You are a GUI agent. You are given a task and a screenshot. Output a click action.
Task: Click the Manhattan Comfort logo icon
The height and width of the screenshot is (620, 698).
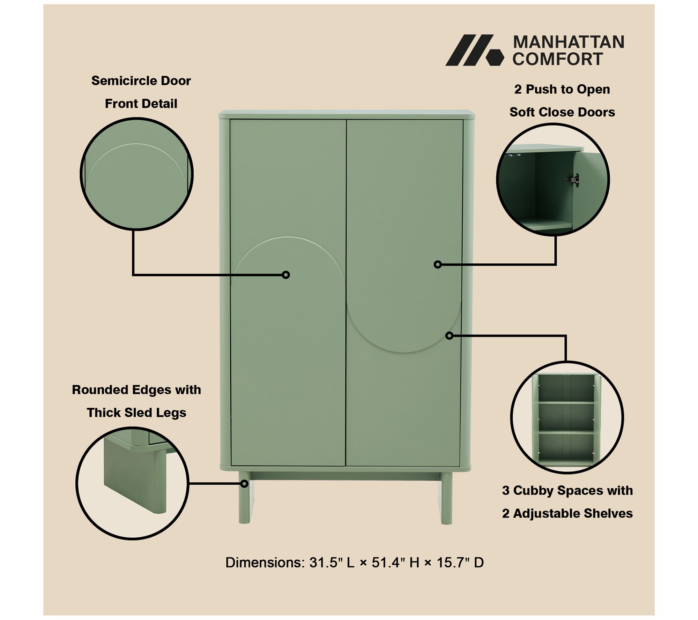click(475, 50)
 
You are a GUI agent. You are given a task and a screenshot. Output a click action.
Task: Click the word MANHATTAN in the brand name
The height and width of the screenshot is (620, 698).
click(569, 42)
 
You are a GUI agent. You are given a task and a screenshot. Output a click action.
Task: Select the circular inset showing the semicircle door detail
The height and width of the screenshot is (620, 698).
click(137, 174)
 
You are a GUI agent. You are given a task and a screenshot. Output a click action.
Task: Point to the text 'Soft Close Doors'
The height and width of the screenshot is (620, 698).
click(562, 112)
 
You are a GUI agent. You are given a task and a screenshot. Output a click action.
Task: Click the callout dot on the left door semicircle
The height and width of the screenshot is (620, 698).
click(286, 275)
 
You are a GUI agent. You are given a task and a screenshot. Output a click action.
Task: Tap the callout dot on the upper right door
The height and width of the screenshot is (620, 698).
click(438, 265)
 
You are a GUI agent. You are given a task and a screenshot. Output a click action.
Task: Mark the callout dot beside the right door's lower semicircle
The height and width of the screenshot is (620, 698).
click(450, 335)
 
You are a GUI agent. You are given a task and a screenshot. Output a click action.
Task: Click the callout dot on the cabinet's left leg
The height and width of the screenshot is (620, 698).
click(244, 484)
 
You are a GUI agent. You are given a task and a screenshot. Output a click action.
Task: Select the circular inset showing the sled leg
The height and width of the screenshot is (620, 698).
click(133, 483)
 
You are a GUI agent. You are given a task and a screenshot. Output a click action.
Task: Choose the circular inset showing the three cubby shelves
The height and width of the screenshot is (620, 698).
click(567, 417)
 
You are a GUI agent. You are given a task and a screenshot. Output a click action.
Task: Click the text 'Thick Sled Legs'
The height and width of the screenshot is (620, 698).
click(136, 413)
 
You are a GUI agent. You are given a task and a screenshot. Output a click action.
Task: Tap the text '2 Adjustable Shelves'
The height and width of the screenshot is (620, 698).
click(567, 513)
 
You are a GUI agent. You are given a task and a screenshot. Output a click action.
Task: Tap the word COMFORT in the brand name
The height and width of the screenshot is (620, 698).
click(558, 59)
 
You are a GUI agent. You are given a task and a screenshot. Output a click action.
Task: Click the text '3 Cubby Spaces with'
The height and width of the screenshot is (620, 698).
click(567, 490)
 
